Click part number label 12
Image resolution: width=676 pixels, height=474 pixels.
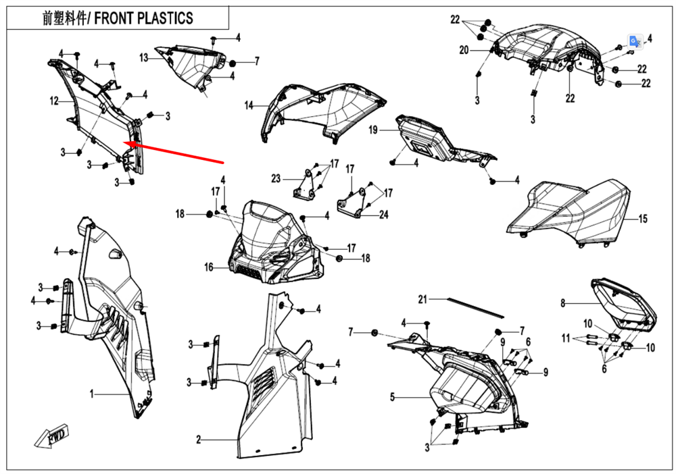(x=54, y=101)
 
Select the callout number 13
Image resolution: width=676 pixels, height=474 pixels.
(x=144, y=58)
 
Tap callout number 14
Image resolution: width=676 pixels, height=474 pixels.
(x=249, y=105)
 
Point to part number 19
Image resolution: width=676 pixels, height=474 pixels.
(x=373, y=130)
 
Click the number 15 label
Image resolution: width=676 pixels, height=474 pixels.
(x=642, y=219)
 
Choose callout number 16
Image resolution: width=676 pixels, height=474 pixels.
(x=210, y=268)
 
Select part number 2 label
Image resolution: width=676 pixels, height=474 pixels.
(x=199, y=440)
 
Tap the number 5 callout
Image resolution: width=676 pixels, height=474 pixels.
(x=392, y=397)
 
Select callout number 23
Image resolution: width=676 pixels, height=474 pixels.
(x=276, y=179)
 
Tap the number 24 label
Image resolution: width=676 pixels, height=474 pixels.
(x=384, y=215)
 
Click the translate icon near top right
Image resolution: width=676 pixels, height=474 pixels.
(x=634, y=41)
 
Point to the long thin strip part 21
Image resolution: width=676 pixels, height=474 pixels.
(x=473, y=308)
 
